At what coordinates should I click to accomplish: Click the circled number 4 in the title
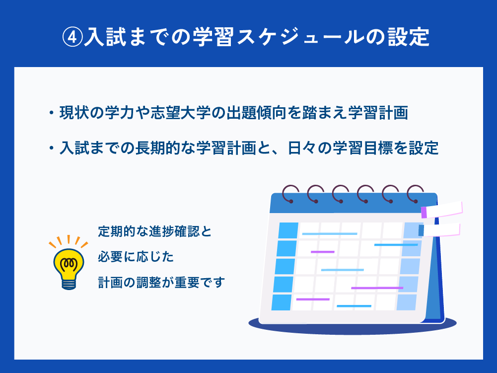(72, 37)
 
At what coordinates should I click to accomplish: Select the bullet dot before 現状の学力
(51, 113)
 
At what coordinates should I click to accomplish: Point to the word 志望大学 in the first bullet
(181, 113)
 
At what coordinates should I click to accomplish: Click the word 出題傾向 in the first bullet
(256, 113)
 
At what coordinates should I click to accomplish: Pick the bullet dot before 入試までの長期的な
(51, 148)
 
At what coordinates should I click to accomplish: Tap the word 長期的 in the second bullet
(158, 148)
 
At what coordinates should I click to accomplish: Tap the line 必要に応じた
(136, 257)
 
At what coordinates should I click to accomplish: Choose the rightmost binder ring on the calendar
(415, 194)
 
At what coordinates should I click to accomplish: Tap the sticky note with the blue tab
(439, 230)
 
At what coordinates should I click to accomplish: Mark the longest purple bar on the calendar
(377, 288)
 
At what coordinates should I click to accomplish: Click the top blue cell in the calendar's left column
(288, 230)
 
